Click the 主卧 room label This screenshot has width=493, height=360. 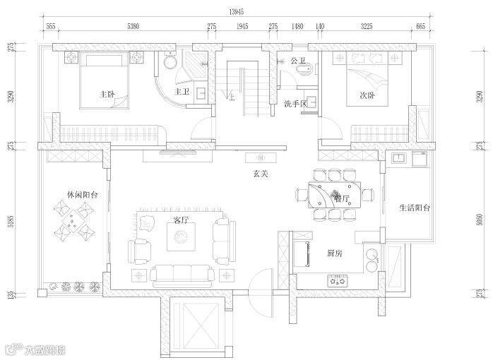(107, 94)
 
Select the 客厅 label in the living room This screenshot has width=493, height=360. (181, 221)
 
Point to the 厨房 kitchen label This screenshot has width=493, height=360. (335, 252)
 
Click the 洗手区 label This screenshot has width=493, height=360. (295, 104)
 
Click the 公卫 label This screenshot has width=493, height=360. (297, 60)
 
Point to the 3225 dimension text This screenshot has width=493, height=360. (367, 26)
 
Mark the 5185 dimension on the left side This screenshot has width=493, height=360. (11, 224)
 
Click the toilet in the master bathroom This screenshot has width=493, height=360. (168, 62)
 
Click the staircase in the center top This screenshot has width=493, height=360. (242, 88)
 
